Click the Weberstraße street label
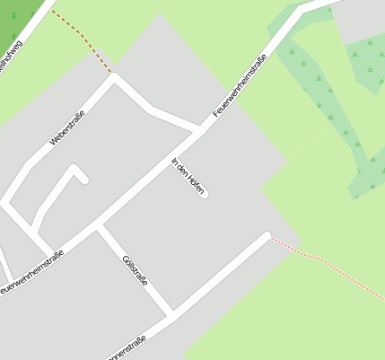point(67,127)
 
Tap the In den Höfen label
point(188,177)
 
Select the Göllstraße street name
point(134,270)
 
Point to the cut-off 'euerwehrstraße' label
point(32,272)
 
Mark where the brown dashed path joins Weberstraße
point(113,75)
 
